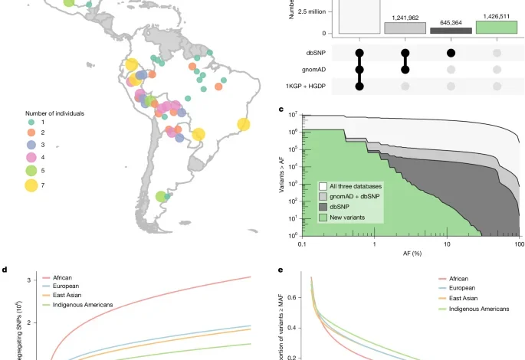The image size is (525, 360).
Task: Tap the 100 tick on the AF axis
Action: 519,243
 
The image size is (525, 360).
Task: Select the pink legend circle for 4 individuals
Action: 31,157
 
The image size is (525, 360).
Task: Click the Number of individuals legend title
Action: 54,113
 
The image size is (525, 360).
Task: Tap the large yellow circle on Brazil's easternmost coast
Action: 244,124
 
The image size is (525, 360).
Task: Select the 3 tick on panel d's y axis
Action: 28,281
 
